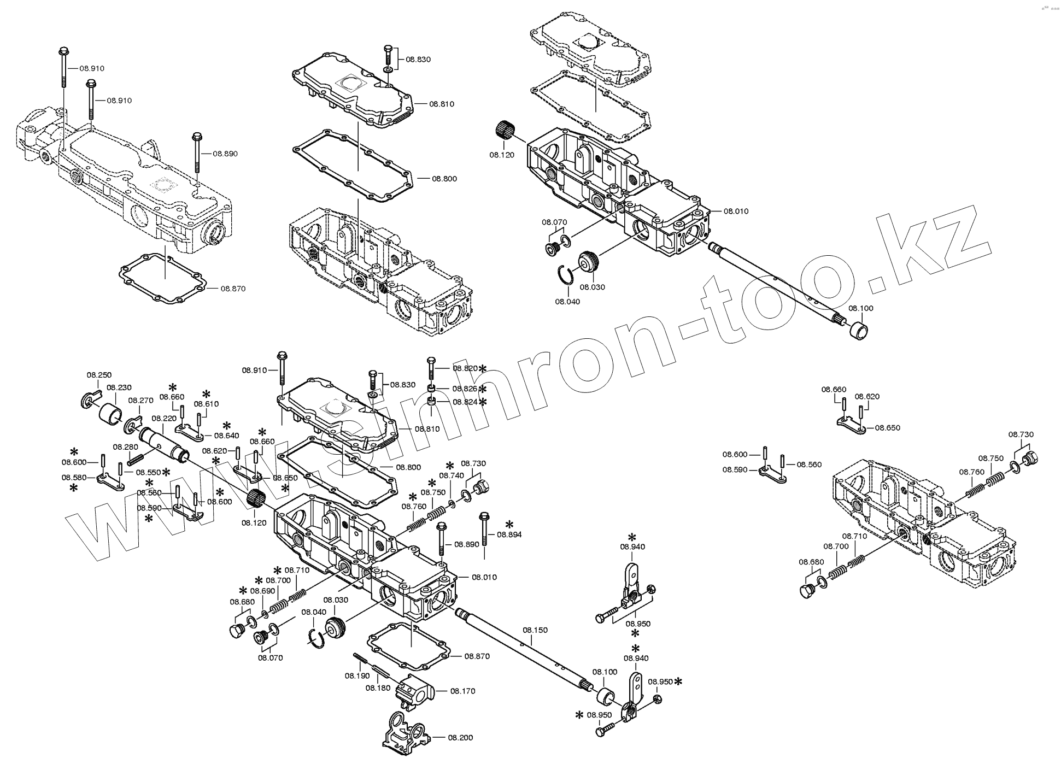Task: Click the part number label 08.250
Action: coord(99,375)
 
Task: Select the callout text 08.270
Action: coord(140,401)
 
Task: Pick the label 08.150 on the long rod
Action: coord(535,630)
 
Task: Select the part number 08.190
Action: coord(356,676)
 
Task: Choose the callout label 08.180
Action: coord(377,688)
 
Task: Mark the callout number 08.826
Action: coord(465,389)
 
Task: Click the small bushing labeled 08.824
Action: coord(431,402)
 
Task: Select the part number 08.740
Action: coord(452,476)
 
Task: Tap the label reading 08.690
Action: coord(263,591)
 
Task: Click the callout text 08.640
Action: coord(226,436)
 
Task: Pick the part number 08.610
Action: coord(206,404)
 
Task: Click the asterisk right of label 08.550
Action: coord(165,472)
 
